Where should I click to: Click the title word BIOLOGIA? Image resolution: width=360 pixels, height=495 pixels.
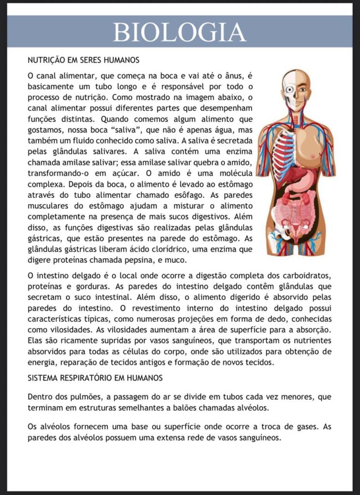pos(180,32)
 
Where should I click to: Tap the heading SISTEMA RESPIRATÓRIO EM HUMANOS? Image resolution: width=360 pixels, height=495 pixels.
pos(95,378)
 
